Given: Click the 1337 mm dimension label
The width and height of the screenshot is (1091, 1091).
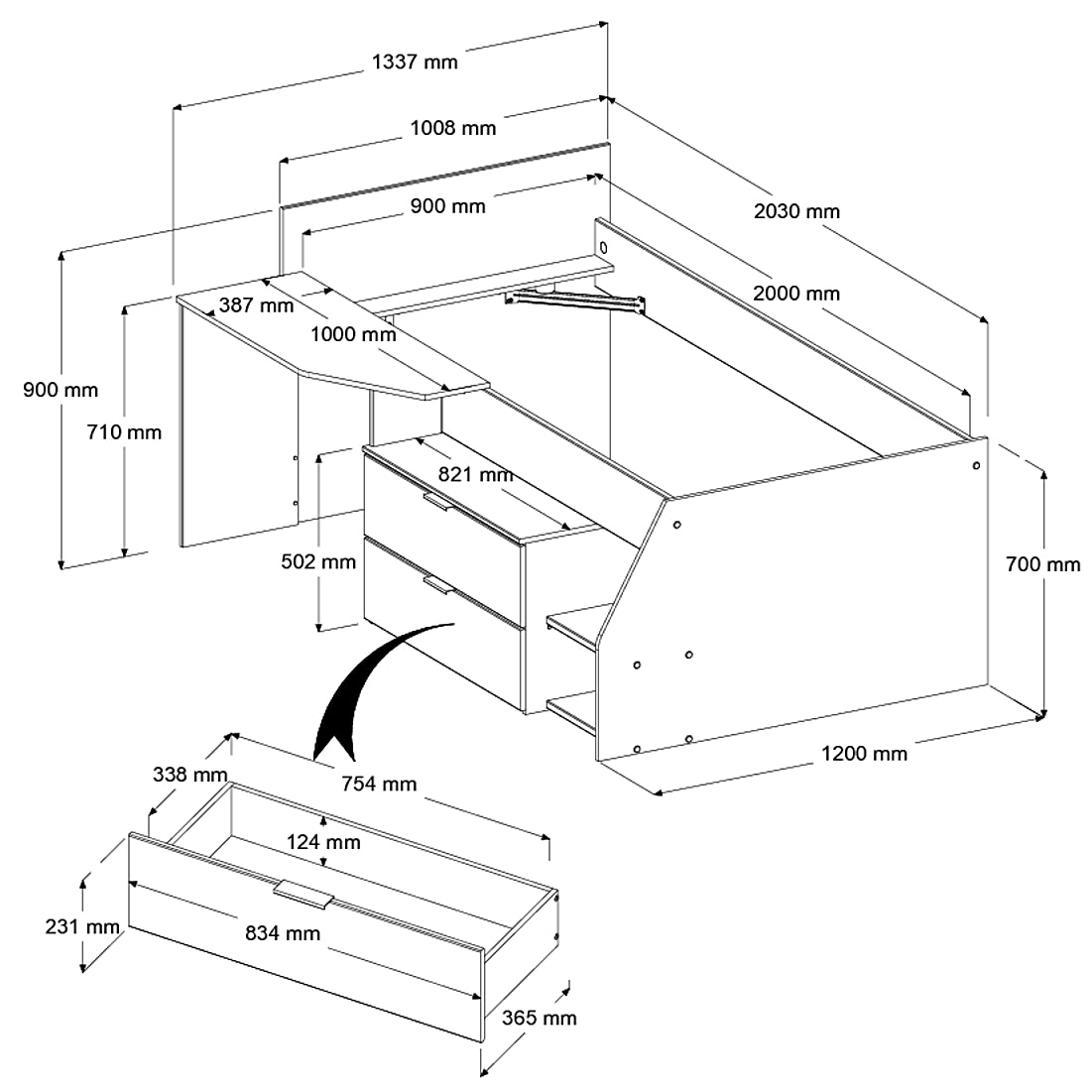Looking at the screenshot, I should pos(415,61).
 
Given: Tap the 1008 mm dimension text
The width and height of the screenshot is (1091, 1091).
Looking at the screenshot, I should pos(453,127).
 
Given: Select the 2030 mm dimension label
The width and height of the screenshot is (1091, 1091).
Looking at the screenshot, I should pos(796,210).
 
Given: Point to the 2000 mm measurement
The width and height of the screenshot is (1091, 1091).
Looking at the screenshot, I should pos(795,293).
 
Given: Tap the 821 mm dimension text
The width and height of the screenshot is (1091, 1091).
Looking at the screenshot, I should pos(475,474).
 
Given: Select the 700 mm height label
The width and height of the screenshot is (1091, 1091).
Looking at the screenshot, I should pos(1042,564).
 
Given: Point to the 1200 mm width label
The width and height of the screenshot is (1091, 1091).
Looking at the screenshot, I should pos(864,753).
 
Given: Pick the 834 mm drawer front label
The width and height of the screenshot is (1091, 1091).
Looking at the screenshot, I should pos(283,932).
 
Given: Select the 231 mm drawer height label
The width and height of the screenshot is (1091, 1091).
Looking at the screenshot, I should pos(82,927).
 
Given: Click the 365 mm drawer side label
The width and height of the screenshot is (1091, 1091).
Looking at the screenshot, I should pos(539,1018).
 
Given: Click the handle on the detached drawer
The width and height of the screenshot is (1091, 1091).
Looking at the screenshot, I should pos(303,894).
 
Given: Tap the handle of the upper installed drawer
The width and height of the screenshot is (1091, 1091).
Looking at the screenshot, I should pos(437,503).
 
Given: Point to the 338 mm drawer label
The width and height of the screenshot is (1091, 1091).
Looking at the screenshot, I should pos(190,774).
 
